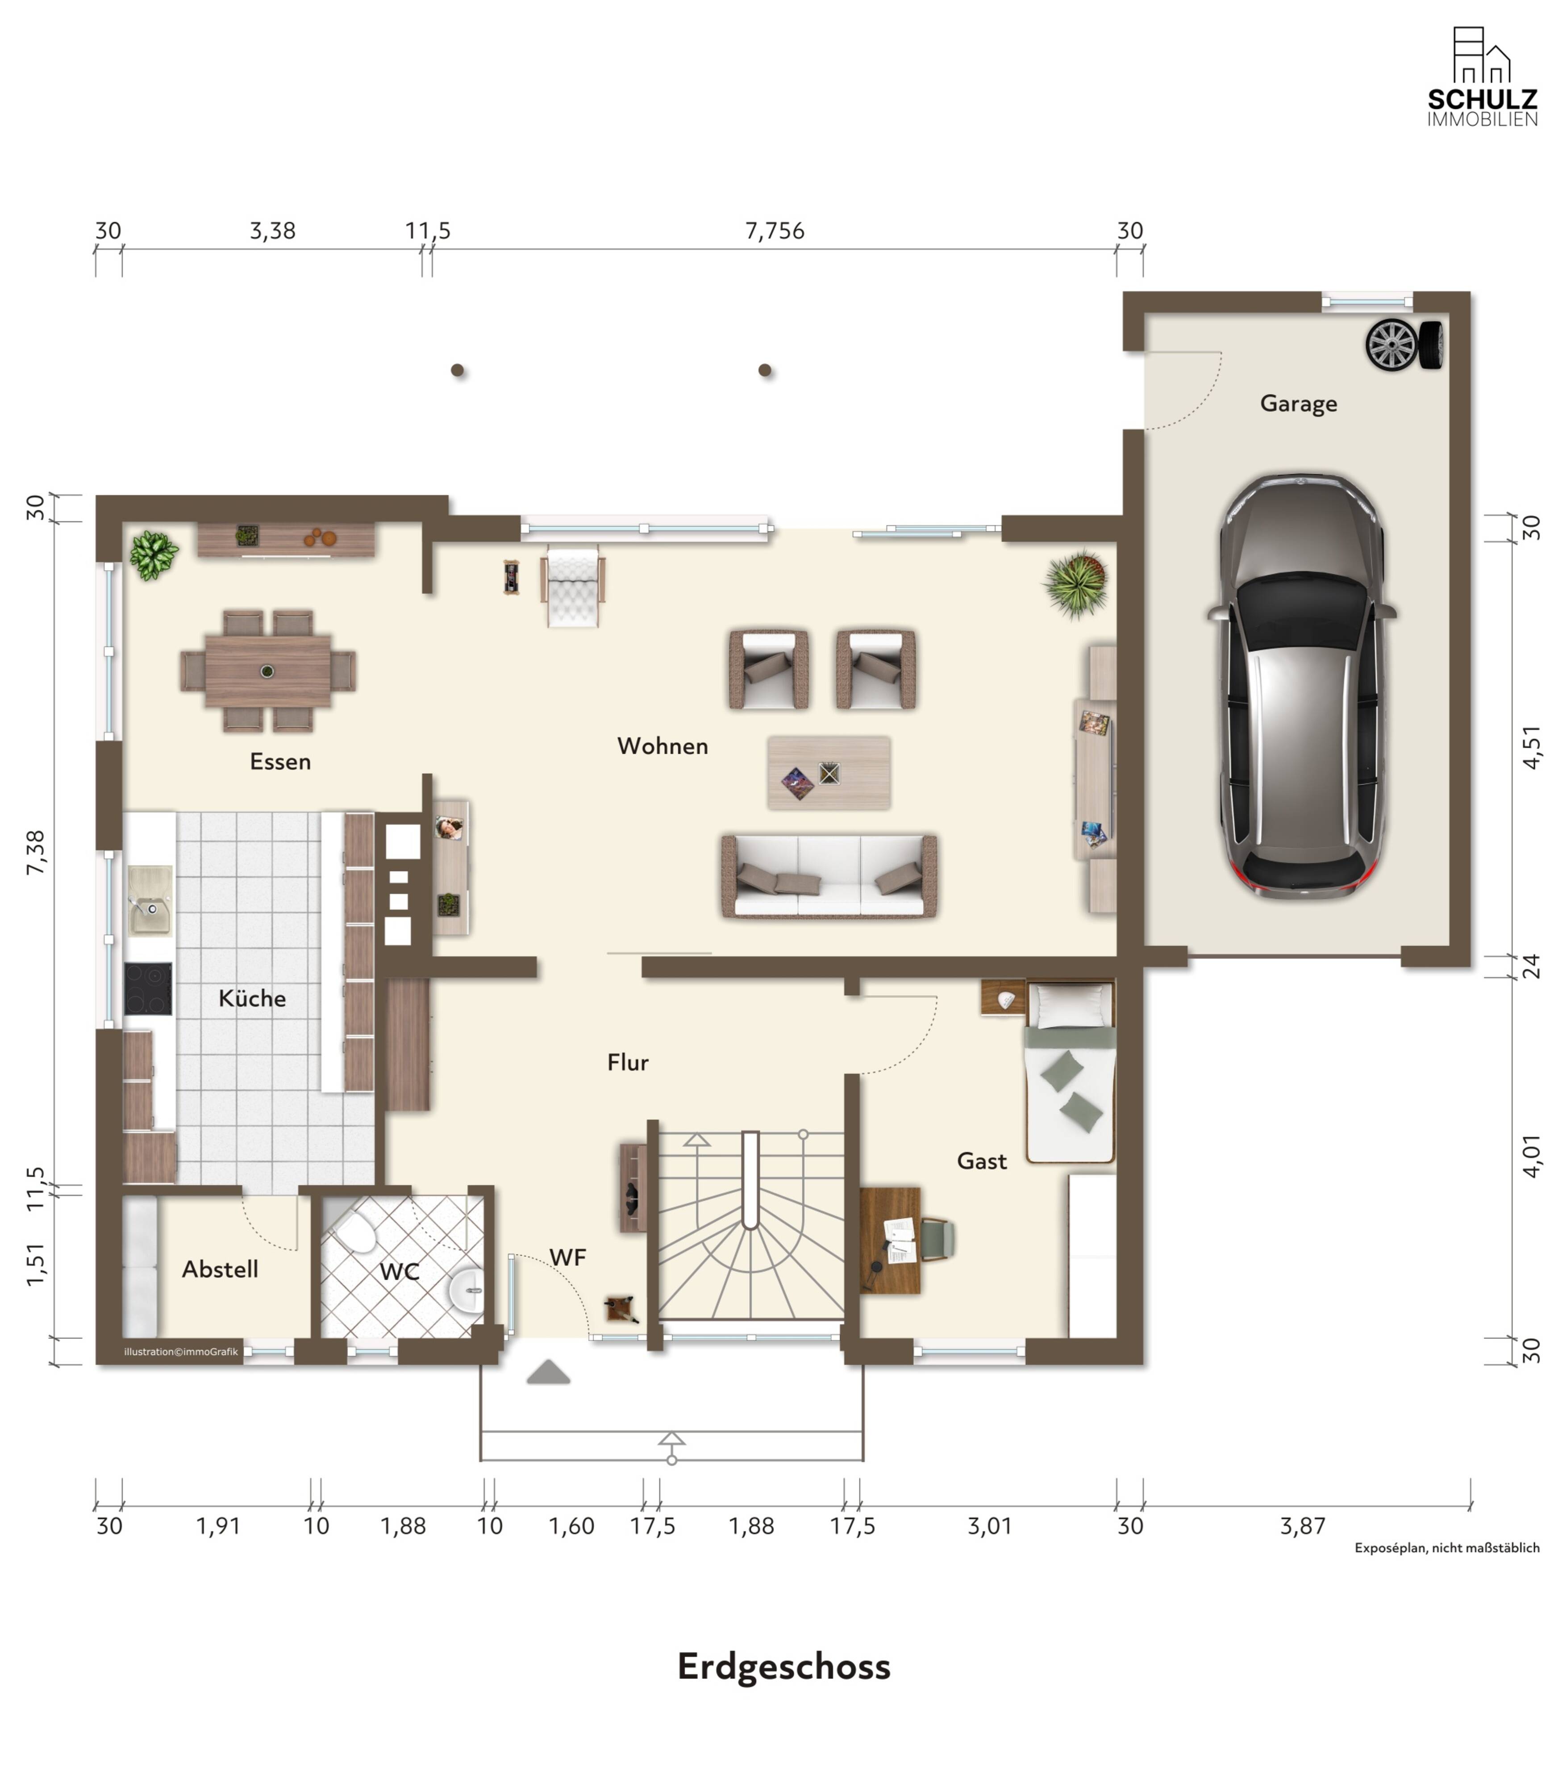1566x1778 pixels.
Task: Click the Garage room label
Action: coord(1298,404)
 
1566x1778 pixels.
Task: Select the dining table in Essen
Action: coord(268,670)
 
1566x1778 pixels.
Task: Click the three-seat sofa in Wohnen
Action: coord(829,876)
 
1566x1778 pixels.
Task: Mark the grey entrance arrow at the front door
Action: coord(548,1372)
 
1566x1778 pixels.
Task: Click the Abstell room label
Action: coord(220,1269)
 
